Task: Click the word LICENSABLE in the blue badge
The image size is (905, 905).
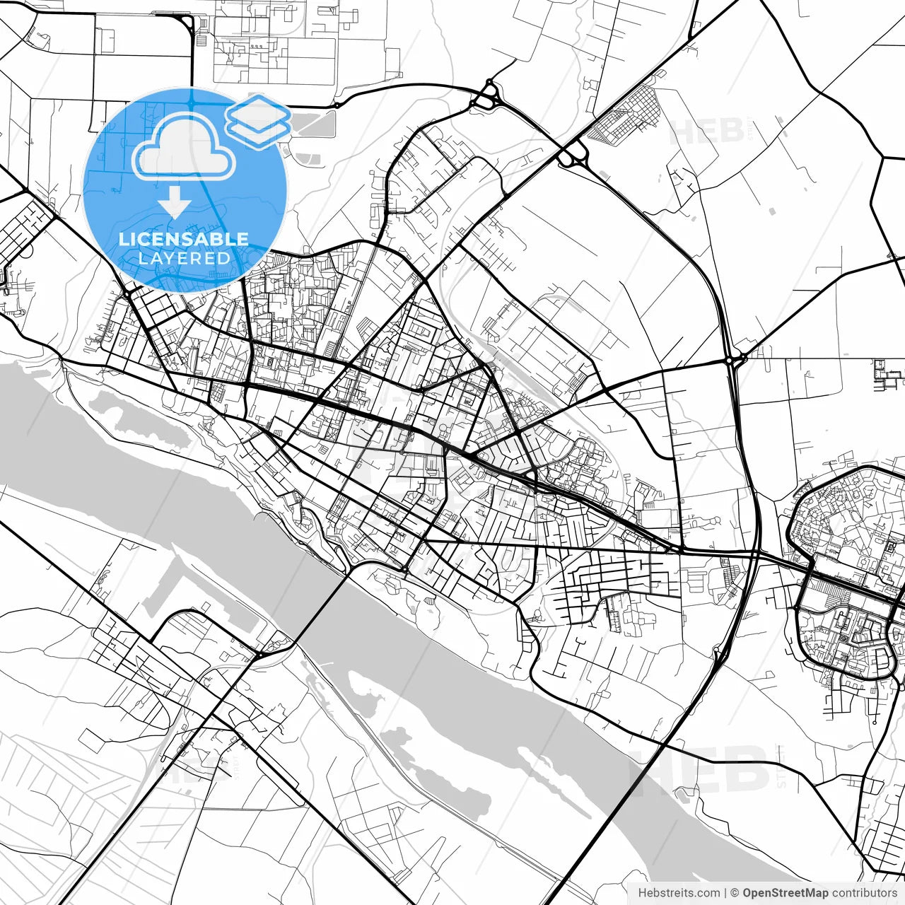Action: pos(184,239)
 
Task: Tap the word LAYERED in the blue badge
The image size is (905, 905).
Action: pos(184,258)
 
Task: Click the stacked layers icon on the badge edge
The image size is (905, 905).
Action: pos(259,120)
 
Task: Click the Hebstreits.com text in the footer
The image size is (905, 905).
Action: pos(679,893)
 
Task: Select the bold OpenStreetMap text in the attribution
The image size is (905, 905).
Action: pos(785,893)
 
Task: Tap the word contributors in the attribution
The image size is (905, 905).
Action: pos(864,893)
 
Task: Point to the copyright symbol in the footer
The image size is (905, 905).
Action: pos(735,893)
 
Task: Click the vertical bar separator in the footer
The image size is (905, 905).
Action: pos(725,893)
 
